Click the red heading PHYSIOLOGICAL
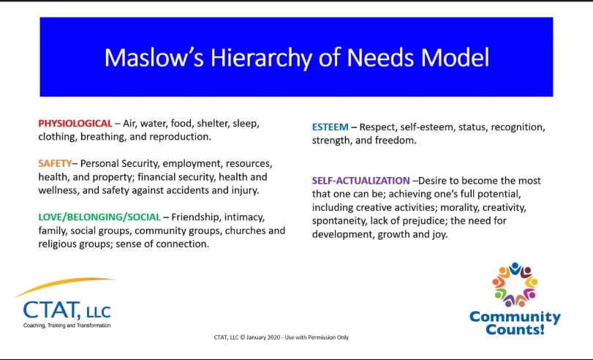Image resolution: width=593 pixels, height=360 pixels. (75, 124)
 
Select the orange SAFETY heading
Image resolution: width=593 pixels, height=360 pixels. (55, 163)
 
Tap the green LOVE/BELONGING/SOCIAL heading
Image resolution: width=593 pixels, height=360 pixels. (99, 217)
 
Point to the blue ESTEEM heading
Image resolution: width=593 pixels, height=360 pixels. (331, 127)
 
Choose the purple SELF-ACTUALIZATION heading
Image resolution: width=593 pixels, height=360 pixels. (360, 181)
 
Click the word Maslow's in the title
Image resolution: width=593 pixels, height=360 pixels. (154, 58)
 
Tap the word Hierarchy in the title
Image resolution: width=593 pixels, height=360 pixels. (261, 59)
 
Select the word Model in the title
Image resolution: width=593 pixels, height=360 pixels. (455, 58)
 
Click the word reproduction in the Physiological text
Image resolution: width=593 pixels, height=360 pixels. (180, 137)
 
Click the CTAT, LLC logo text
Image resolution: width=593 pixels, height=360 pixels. (67, 311)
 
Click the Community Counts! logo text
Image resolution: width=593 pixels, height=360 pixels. (515, 323)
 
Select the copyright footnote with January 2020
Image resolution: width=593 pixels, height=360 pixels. (282, 337)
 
